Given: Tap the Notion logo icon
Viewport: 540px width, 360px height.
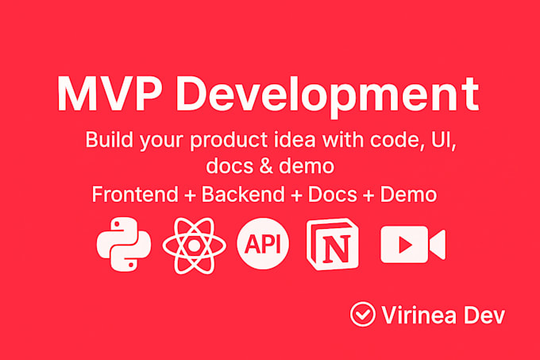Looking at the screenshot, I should (333, 244).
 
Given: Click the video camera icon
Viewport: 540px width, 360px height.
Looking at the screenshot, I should (412, 244).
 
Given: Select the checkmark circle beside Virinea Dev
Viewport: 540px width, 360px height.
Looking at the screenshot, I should (362, 315).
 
